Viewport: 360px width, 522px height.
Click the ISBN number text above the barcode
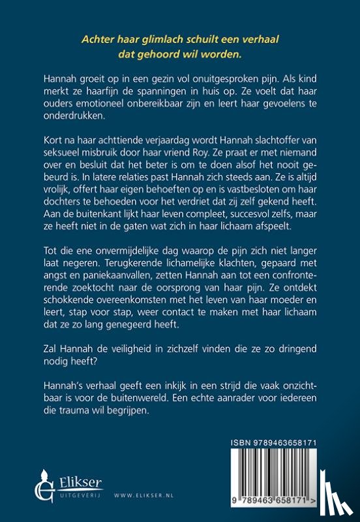click(285, 442)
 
